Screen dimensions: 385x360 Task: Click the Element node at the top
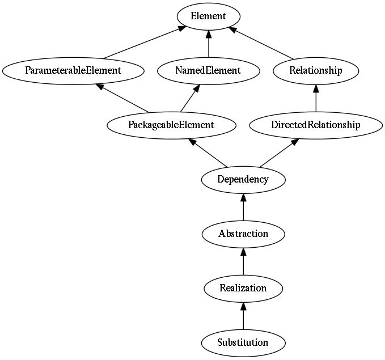click(209, 16)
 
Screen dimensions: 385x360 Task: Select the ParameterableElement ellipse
click(73, 71)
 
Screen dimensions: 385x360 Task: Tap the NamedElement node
click(209, 71)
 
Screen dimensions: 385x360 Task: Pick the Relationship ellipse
click(316, 71)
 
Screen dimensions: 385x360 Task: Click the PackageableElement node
click(171, 125)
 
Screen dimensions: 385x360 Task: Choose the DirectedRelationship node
click(316, 125)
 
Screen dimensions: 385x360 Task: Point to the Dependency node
click(243, 180)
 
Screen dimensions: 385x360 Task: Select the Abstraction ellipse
click(243, 234)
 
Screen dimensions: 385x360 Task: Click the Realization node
click(243, 289)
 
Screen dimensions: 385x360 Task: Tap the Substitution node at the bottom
click(243, 344)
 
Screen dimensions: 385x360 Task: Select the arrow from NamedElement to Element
click(209, 44)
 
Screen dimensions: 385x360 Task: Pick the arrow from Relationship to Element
click(261, 43)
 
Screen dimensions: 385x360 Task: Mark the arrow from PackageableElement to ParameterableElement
click(122, 98)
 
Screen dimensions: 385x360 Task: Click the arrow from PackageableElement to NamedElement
click(190, 98)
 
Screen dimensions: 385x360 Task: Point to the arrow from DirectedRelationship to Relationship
click(316, 98)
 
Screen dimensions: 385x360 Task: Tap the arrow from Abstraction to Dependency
click(243, 207)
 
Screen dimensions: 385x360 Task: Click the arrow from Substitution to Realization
click(243, 316)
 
